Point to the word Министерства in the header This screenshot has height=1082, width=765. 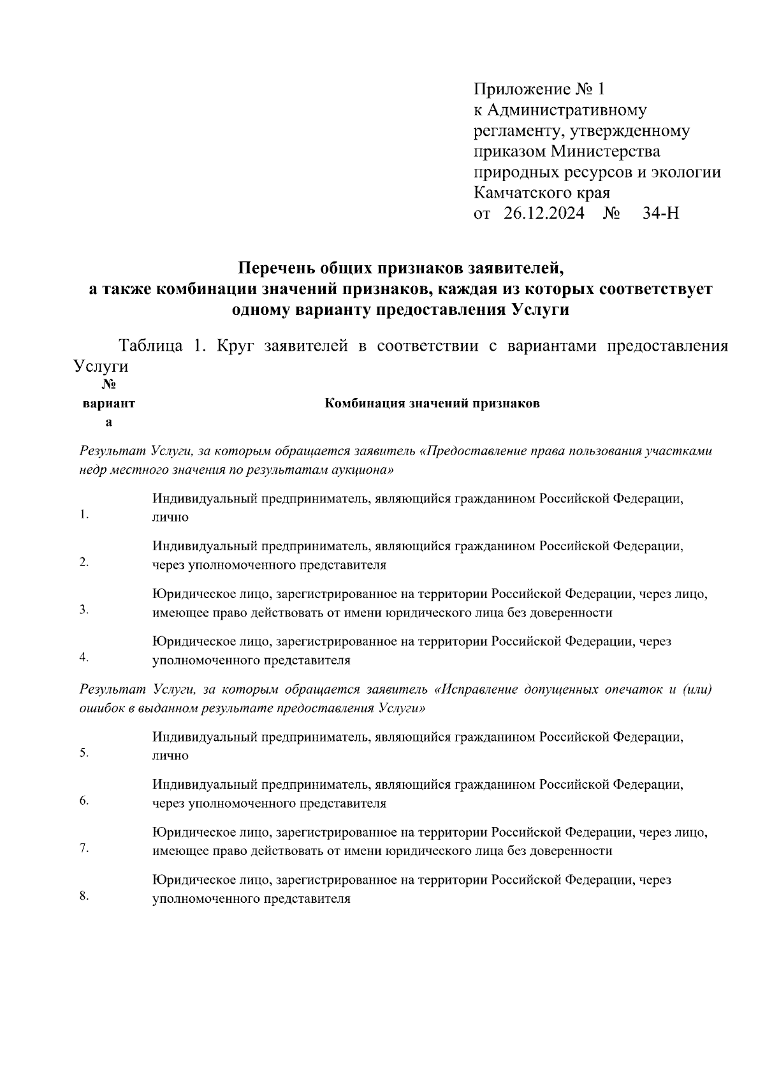(x=606, y=152)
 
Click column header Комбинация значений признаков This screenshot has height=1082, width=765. (x=432, y=403)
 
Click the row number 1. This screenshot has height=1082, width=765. (x=84, y=515)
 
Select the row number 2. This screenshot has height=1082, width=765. (x=84, y=562)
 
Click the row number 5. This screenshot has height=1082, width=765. (x=84, y=753)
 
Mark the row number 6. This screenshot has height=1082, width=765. (x=84, y=801)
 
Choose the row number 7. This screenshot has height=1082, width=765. (x=84, y=849)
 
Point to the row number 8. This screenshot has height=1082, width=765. (x=84, y=896)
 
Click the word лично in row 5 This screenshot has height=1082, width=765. (x=170, y=756)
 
